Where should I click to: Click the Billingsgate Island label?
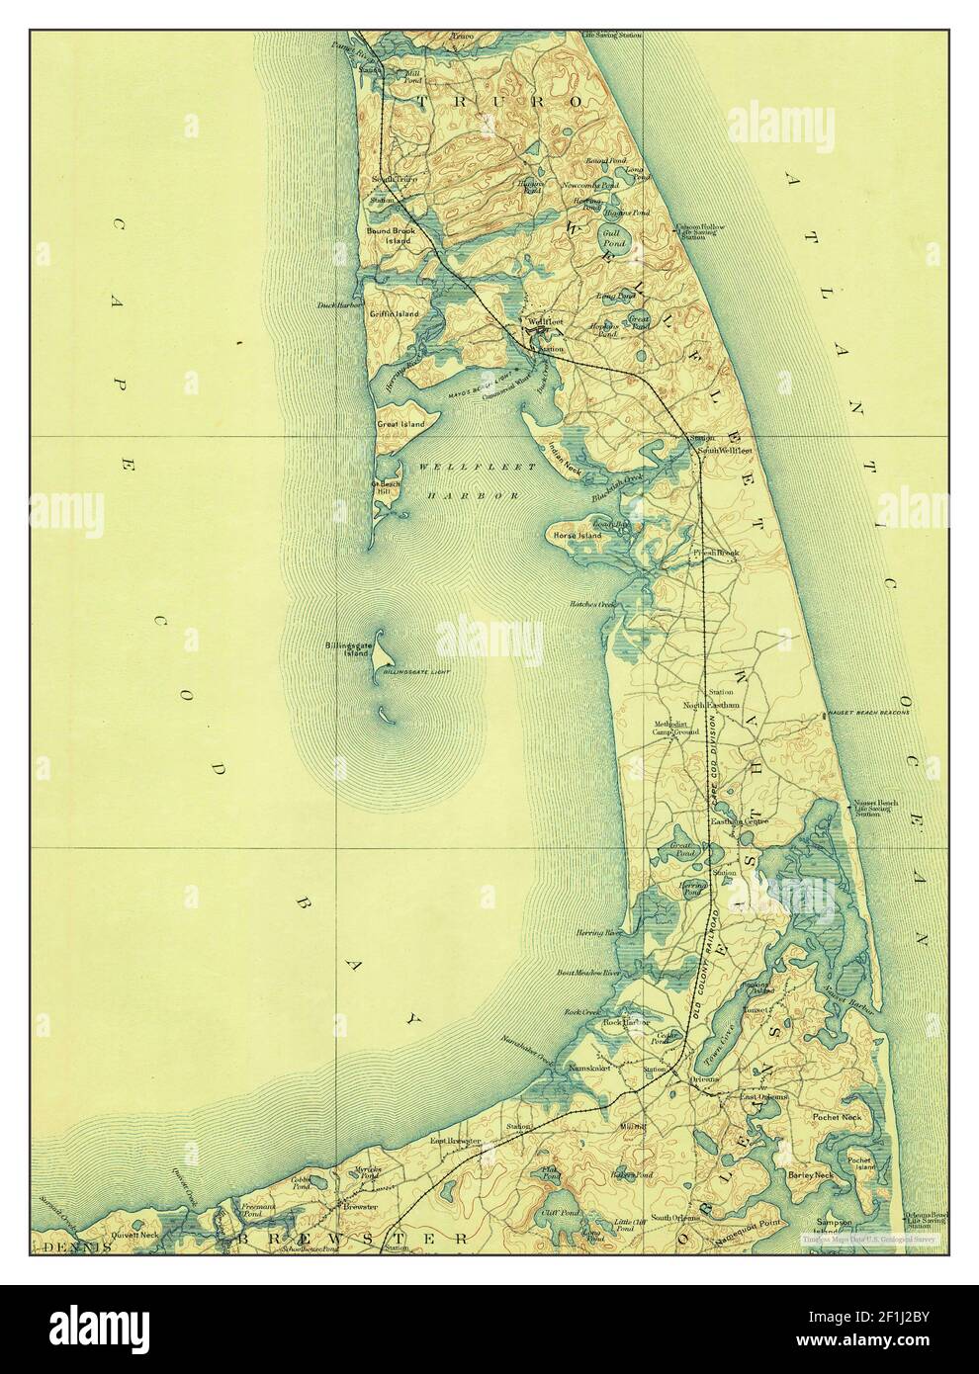click(x=347, y=649)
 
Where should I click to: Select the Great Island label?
click(x=400, y=424)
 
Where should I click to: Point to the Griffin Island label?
click(x=395, y=313)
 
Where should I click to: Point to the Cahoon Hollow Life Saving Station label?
click(x=700, y=231)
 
